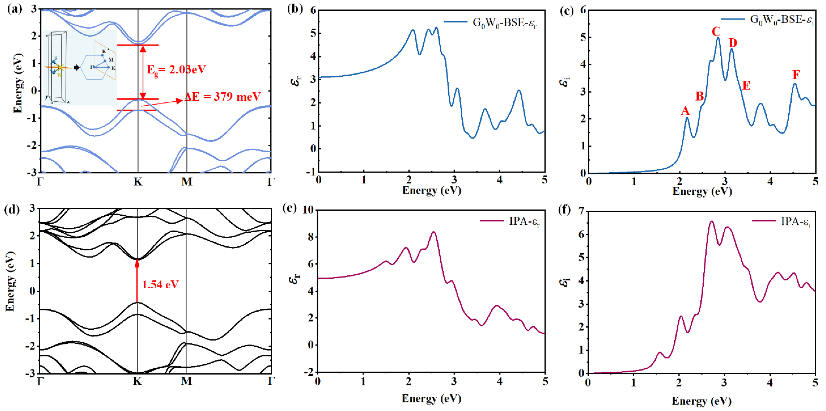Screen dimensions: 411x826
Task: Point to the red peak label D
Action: tap(733, 43)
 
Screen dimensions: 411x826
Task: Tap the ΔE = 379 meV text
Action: tap(223, 96)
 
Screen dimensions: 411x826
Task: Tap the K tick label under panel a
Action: tap(138, 182)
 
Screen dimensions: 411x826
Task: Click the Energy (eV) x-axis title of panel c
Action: tap(702, 191)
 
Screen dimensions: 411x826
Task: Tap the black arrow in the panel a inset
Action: tap(77, 67)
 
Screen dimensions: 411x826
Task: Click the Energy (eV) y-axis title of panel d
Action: tap(10, 281)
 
